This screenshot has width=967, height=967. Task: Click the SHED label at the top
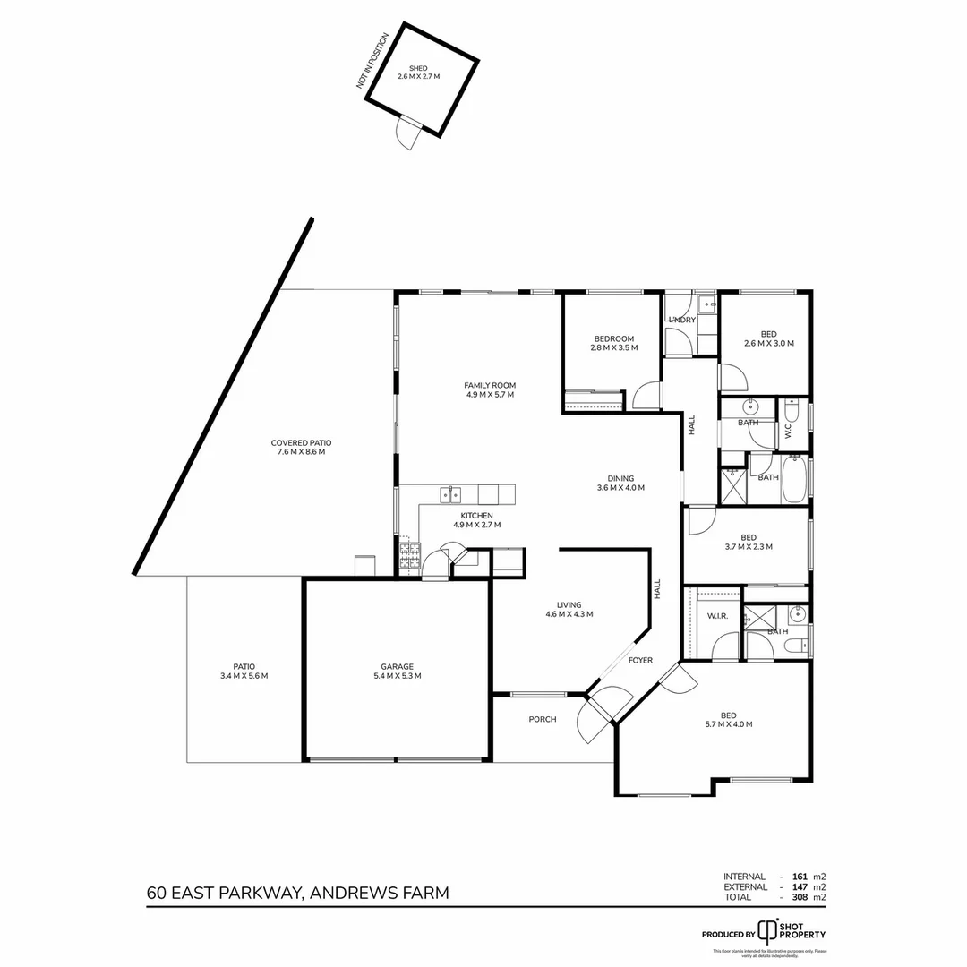click(x=418, y=68)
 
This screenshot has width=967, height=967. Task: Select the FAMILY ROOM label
click(x=490, y=386)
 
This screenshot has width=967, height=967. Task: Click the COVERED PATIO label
click(x=301, y=442)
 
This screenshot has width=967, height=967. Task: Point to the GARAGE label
click(x=397, y=666)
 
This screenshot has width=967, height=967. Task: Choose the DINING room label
click(x=620, y=478)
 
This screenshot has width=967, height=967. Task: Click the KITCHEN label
click(x=476, y=516)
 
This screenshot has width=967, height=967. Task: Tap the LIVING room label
click(x=569, y=604)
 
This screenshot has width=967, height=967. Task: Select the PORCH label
click(x=543, y=719)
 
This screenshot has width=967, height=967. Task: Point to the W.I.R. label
click(x=716, y=616)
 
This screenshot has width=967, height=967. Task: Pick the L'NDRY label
click(x=681, y=320)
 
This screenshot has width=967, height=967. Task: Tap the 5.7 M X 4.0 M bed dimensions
click(x=728, y=724)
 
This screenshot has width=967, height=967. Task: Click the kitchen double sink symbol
click(x=450, y=493)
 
